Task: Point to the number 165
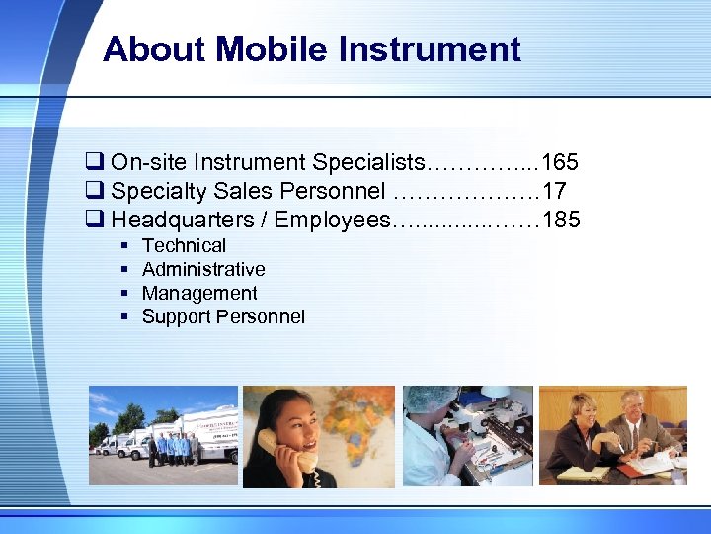coord(560,161)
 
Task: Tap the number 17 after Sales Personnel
coord(554,190)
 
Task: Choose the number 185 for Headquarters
coord(562,219)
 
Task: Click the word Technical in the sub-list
coord(184,245)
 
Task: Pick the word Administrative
coord(203,269)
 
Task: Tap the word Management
coord(199,293)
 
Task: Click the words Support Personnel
coord(223,316)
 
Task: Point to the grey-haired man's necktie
coord(632,434)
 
